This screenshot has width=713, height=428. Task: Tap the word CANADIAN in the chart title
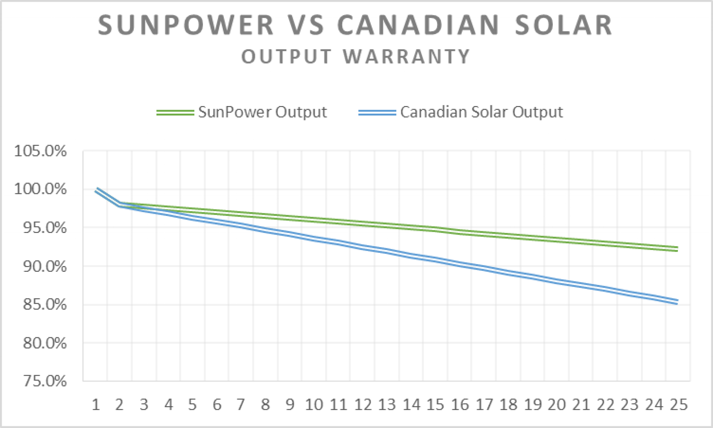tap(418, 25)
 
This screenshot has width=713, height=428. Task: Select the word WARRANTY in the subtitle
tap(407, 57)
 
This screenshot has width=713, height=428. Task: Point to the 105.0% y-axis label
tap(40, 151)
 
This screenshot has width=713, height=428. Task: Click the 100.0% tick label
tap(40, 189)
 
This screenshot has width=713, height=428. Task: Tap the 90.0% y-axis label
tap(44, 266)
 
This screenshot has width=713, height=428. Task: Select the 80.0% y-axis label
tap(44, 343)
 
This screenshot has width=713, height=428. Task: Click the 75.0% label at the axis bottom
tap(44, 381)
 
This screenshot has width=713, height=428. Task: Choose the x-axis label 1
tap(96, 405)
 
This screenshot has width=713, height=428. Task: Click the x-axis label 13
tap(387, 405)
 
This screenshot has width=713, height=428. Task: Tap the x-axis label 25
tap(679, 405)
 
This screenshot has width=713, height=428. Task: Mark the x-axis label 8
tap(265, 405)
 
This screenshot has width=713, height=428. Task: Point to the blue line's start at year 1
tap(96, 190)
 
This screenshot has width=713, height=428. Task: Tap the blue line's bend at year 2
tap(120, 204)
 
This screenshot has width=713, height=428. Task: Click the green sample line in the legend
tap(175, 112)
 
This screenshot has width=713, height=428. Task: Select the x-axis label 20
tap(557, 405)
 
